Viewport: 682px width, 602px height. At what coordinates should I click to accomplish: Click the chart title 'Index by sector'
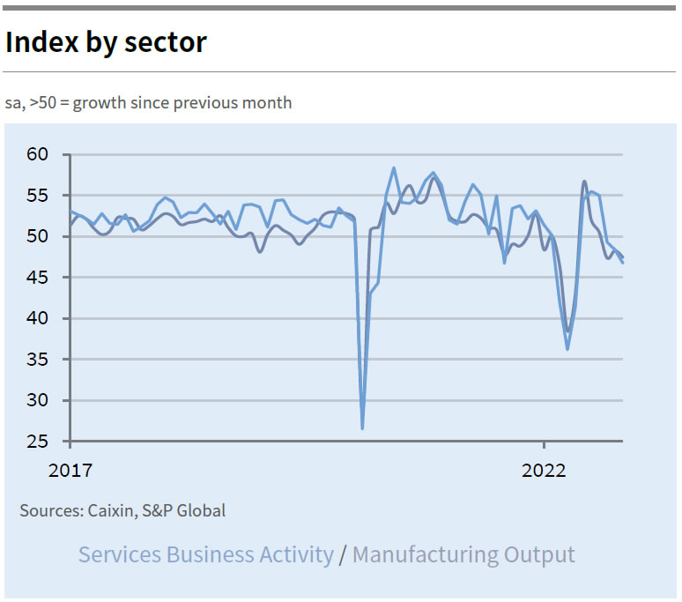[106, 41]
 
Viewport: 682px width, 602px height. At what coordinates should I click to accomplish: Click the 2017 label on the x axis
[70, 469]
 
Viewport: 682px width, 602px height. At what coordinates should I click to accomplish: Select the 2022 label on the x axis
[544, 469]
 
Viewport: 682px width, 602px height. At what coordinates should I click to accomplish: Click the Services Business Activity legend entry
[206, 554]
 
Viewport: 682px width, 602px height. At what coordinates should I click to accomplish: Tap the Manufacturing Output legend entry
[463, 554]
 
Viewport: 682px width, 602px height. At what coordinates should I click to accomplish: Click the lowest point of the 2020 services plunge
[362, 428]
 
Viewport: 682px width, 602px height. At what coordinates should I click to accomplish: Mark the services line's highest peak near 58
[394, 168]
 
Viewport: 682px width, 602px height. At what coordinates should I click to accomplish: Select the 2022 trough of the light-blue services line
[567, 349]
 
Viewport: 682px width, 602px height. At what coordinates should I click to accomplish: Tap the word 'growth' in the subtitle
[98, 102]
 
